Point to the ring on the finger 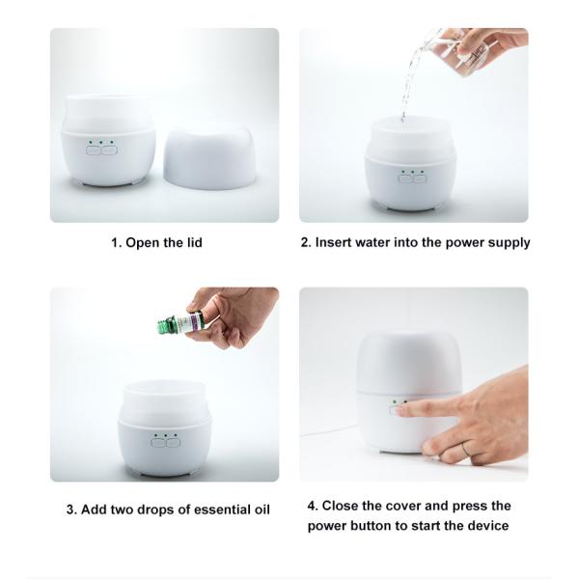click(x=465, y=448)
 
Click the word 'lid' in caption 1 click(x=191, y=242)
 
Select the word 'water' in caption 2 click(x=380, y=242)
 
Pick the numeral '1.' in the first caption click(x=116, y=242)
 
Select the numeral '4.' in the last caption click(x=313, y=506)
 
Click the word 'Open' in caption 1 click(x=143, y=242)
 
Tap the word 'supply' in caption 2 click(x=508, y=242)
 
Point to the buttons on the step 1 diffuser click(x=100, y=149)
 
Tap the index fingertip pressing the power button click(x=401, y=409)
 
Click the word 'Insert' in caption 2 click(x=335, y=242)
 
